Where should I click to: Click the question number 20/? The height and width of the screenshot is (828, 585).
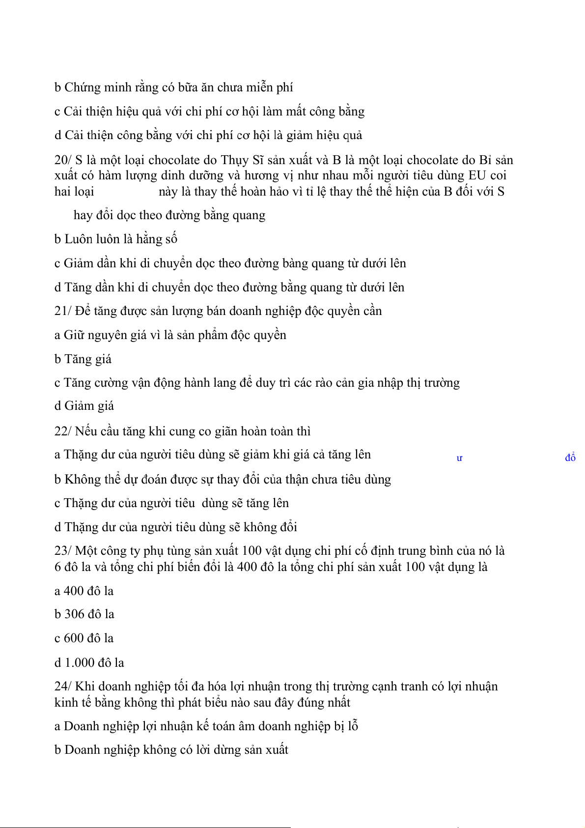62,160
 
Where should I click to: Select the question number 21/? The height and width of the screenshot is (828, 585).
62,311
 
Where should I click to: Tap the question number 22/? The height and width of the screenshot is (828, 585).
62,431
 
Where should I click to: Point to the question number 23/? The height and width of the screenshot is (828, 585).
62,551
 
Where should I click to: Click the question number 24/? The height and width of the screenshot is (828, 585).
62,686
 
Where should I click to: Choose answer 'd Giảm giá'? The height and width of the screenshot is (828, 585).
84,406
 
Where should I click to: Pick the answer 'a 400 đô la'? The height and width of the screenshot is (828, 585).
84,591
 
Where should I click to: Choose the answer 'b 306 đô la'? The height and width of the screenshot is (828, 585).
84,614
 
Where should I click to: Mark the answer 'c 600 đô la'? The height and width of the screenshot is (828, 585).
84,638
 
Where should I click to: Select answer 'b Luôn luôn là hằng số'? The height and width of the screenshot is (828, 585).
116,239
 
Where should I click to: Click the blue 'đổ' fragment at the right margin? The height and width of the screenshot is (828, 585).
570,458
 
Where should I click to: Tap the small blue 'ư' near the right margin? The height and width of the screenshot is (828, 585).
459,458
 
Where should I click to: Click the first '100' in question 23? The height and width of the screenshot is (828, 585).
251,551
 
